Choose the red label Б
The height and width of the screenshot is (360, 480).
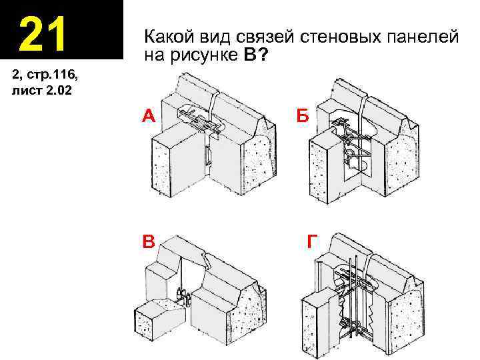(303, 117)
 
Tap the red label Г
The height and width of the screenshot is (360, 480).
(312, 241)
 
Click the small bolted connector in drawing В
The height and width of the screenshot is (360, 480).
(183, 294)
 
